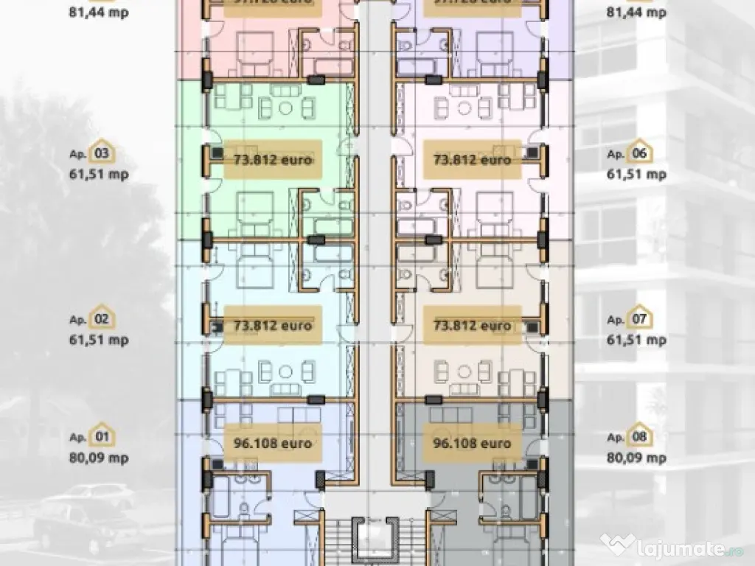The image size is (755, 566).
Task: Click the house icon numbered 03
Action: pos(102,153)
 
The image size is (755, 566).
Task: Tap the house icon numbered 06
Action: pos(639,153)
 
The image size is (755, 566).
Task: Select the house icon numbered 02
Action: pos(102,319)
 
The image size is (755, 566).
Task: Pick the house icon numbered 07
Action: pos(639,319)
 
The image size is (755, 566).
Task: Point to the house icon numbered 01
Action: pos(102,437)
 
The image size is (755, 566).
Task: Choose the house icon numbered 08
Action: pos(639,437)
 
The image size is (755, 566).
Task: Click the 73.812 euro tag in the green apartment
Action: pos(273,159)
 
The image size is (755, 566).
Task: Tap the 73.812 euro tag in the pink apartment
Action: pos(472,159)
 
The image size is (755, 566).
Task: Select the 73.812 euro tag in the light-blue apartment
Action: pos(273,325)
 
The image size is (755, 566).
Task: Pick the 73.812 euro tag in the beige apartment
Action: pos(472,325)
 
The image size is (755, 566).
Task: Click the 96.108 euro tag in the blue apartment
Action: pos(273,444)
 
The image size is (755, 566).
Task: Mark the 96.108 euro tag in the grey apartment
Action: pos(472,444)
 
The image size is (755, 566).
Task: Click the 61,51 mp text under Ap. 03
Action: pos(99,174)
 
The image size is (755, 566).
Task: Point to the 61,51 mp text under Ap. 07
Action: pos(636,340)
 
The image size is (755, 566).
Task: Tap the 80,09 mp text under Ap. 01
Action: pos(99,458)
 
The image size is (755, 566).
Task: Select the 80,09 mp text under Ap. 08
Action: pos(636,458)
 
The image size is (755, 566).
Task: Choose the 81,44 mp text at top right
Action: pos(636,13)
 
